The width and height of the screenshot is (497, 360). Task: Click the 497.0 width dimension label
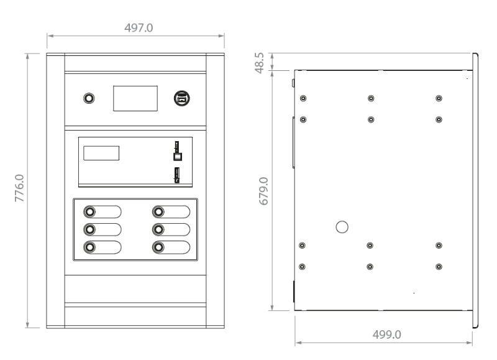[x=139, y=28]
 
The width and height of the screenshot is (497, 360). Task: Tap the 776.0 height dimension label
[x=19, y=188]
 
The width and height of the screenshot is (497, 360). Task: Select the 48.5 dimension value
[x=260, y=63]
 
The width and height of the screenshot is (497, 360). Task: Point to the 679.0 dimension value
[x=263, y=192]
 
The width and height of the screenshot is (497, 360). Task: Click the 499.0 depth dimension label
[x=386, y=335]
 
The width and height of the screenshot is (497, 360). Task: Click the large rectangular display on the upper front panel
[x=135, y=98]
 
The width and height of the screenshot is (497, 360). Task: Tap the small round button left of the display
[x=89, y=98]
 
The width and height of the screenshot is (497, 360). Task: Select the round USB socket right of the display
[x=182, y=98]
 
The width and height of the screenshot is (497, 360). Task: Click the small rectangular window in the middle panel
[x=101, y=153]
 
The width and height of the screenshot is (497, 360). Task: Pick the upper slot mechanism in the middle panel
[x=178, y=151]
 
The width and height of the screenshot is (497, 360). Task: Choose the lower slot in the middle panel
[x=177, y=175]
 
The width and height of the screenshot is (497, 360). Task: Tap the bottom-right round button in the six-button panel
[x=158, y=247]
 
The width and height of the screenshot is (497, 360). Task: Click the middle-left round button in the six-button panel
[x=89, y=229]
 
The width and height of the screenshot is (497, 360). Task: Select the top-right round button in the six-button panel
[x=158, y=211]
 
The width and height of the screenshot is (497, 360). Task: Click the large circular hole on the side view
[x=342, y=227]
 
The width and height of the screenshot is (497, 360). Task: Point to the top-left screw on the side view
[x=303, y=98]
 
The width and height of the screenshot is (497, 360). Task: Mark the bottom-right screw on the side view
[x=439, y=267]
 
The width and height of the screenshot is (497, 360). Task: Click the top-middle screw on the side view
[x=371, y=98]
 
